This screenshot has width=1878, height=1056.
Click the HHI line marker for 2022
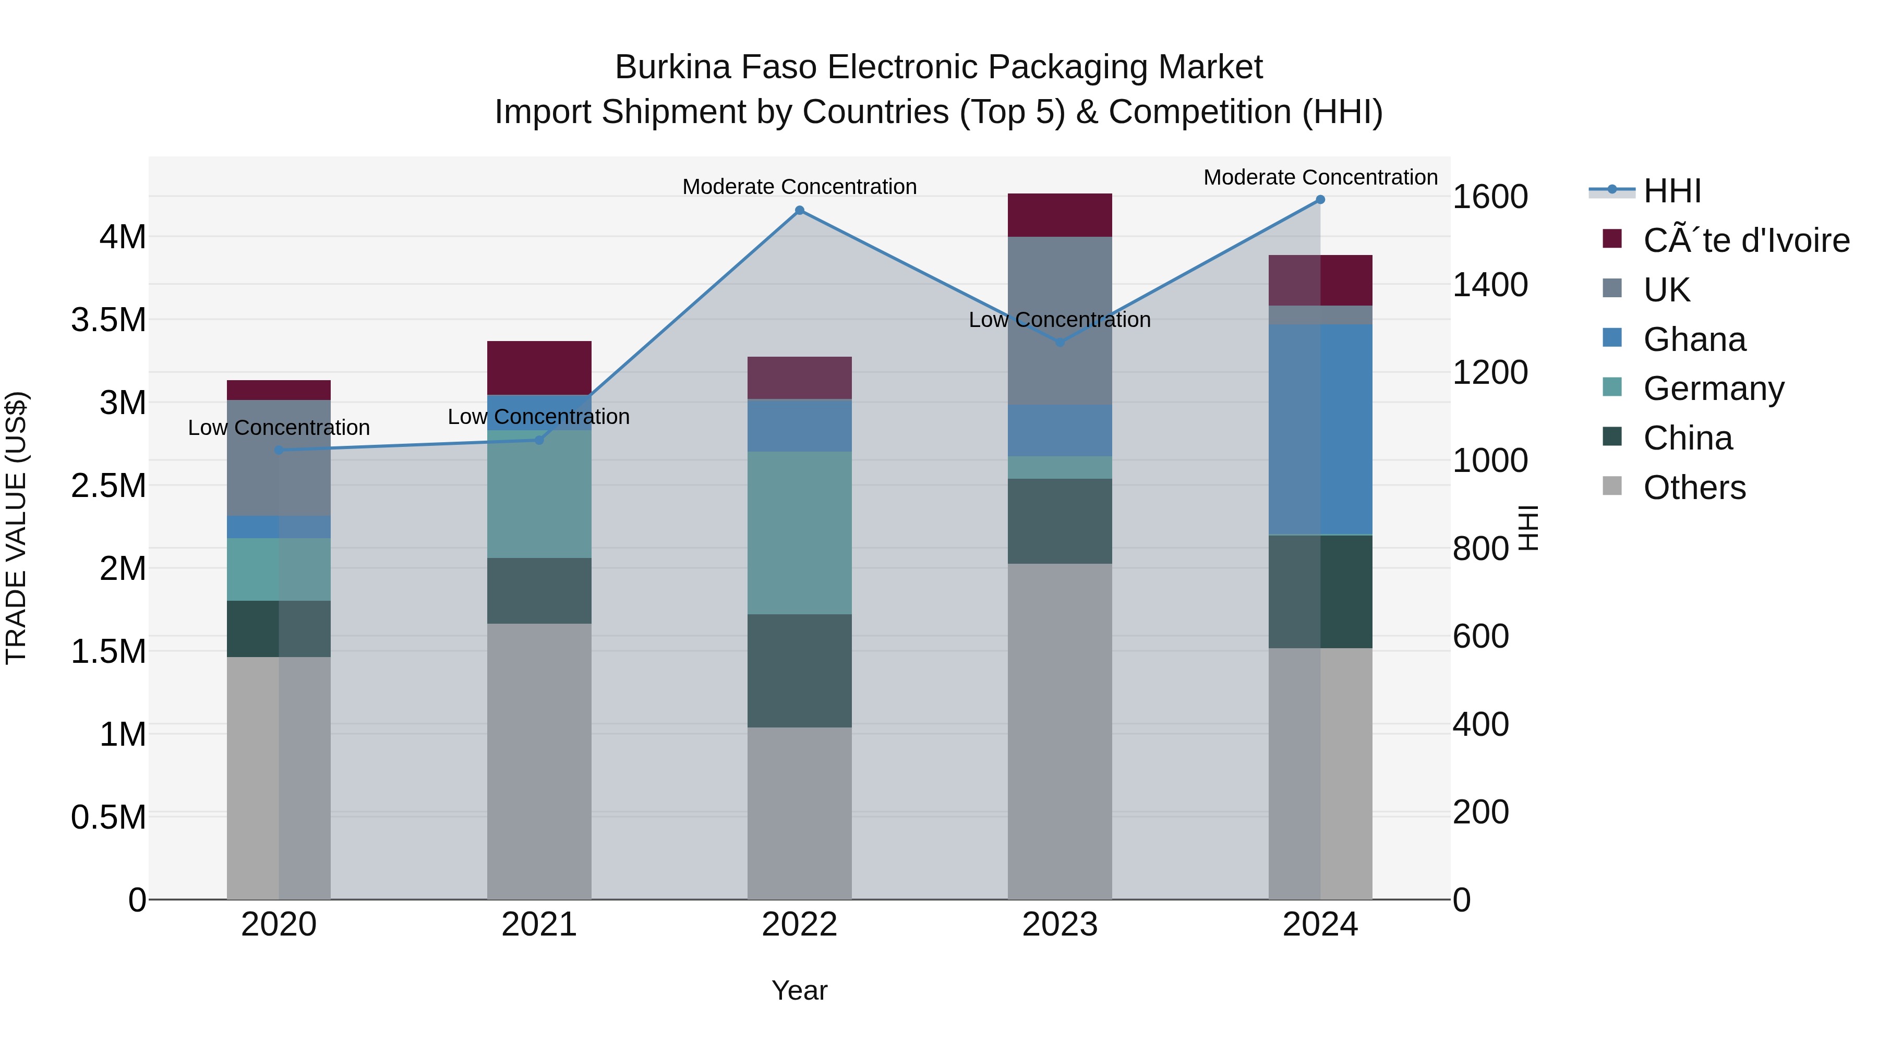[x=799, y=211]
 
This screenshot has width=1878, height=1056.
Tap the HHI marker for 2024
[x=1320, y=200]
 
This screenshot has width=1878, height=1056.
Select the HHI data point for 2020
[x=279, y=451]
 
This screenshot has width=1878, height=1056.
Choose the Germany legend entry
[x=1713, y=389]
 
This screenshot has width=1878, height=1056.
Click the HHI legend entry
[x=1672, y=191]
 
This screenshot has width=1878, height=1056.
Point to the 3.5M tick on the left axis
[x=109, y=320]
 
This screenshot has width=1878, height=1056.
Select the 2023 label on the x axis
[x=1060, y=925]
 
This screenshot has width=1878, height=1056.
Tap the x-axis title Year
[x=799, y=990]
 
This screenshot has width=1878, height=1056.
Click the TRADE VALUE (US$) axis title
[x=16, y=528]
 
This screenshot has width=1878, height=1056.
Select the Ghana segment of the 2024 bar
[x=1320, y=430]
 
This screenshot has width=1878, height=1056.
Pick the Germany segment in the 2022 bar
[x=799, y=533]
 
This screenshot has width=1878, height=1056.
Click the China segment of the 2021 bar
[x=539, y=590]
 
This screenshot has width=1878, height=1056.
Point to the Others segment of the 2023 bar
[x=1060, y=731]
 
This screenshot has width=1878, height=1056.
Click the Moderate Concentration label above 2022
[x=799, y=187]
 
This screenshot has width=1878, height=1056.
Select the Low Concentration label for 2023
[x=1060, y=320]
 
